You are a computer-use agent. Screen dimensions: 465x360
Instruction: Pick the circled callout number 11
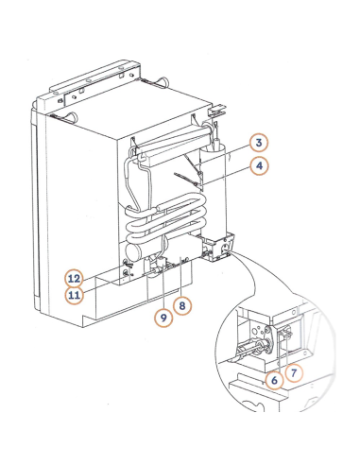coord(73,295)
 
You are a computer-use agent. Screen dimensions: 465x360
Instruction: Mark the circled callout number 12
coord(73,278)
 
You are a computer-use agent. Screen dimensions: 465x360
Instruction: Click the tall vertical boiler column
coord(214,189)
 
